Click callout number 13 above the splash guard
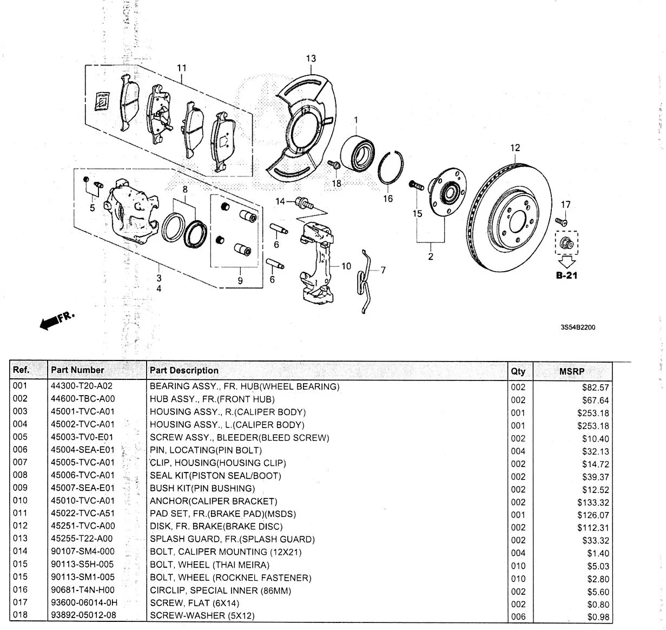click(311, 58)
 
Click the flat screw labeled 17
click(561, 221)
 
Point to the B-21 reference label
click(566, 275)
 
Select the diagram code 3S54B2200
click(578, 327)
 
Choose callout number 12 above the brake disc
click(515, 148)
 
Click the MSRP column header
click(572, 372)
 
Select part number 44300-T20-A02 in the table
click(83, 386)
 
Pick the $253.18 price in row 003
click(593, 413)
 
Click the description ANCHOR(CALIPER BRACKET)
click(213, 501)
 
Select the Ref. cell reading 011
click(19, 513)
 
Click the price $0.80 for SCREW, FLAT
click(598, 605)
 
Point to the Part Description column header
click(184, 371)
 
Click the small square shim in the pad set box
click(101, 101)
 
